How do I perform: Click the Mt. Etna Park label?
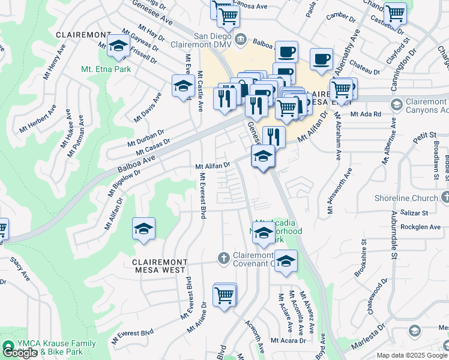click(106, 69)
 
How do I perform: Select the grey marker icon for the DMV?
click(241, 40)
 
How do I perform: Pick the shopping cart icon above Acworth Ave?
click(224, 295)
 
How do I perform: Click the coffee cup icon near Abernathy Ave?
click(321, 59)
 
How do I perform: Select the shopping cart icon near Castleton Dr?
click(395, 13)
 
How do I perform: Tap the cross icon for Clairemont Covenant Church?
click(223, 258)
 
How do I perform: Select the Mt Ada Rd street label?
click(366, 113)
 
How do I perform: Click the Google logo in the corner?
click(19, 353)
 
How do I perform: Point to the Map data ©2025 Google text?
click(412, 355)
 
